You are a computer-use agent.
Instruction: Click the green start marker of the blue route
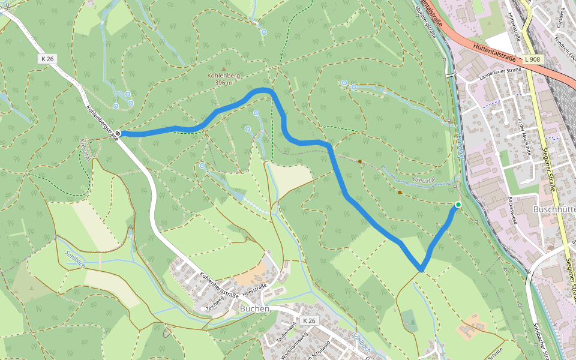458,205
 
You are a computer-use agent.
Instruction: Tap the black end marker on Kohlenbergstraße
119,133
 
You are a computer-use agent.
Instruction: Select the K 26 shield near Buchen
308,321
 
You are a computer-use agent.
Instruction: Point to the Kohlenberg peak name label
223,76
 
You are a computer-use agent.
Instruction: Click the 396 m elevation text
223,83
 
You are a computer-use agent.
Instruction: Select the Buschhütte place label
554,209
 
